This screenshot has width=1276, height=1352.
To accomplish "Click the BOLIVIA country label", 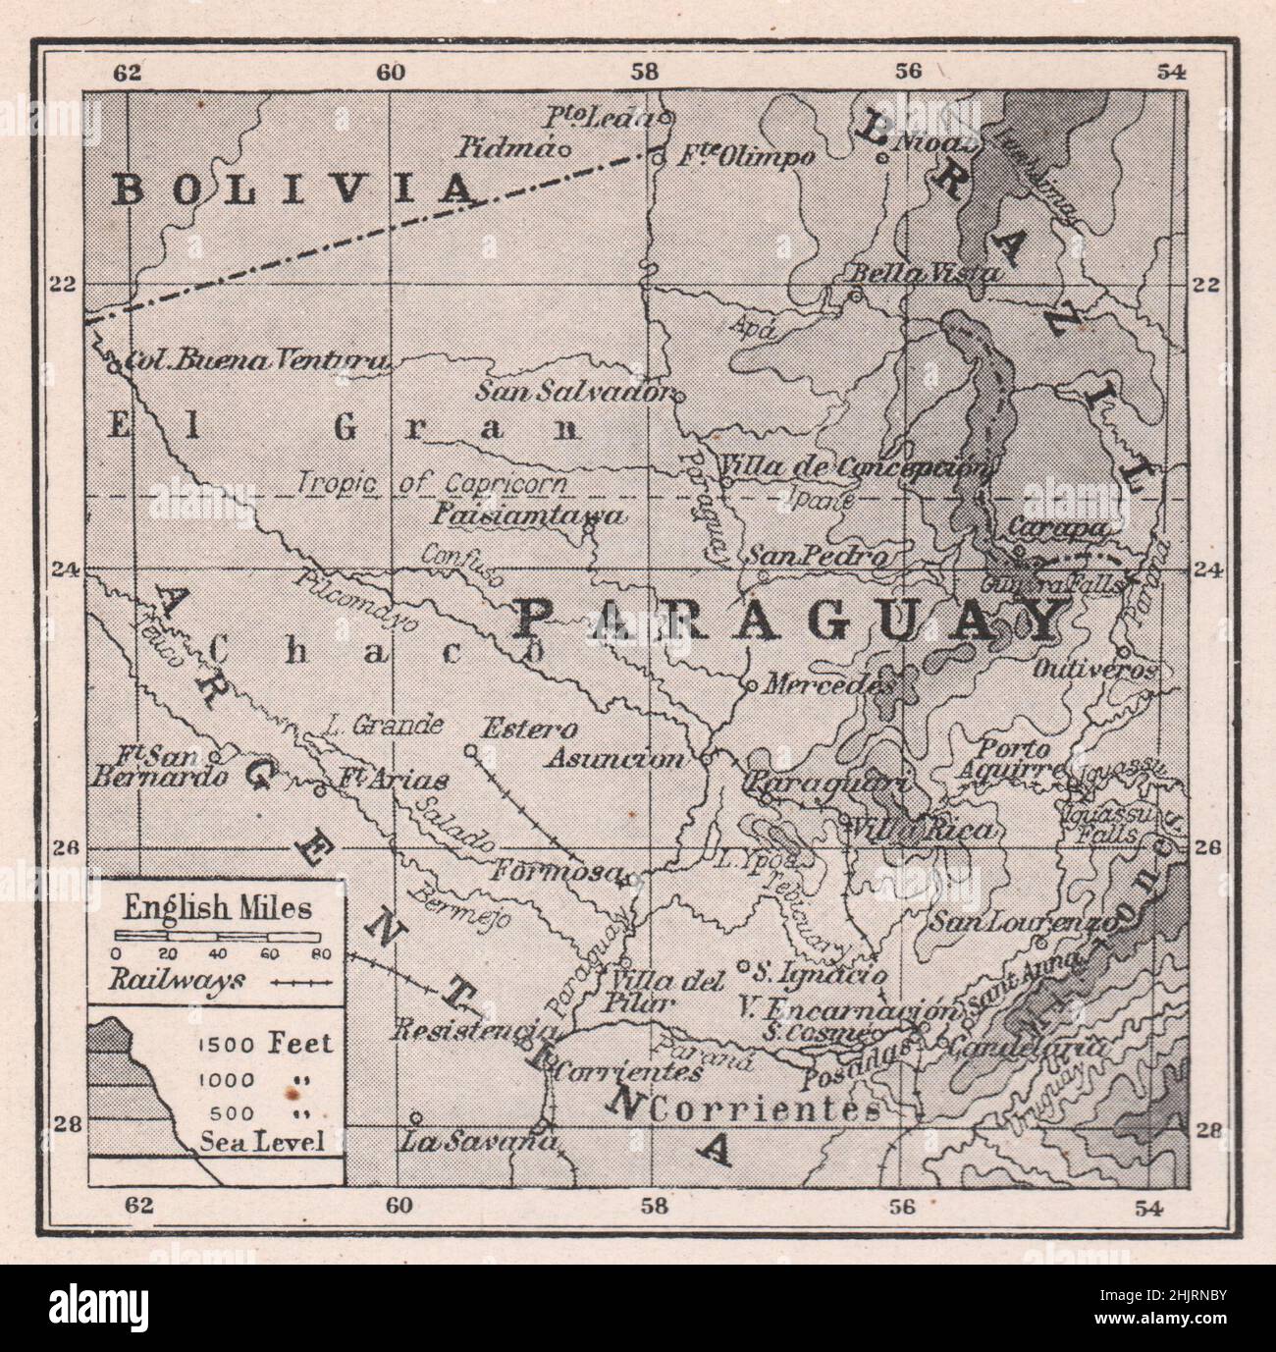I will (292, 189).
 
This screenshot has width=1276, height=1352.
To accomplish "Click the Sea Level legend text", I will (261, 1141).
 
